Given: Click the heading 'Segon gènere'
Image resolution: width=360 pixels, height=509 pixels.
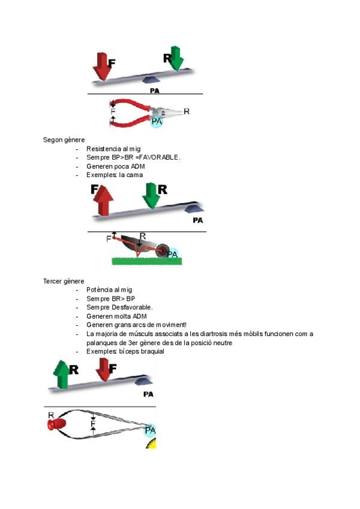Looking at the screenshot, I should (64, 140).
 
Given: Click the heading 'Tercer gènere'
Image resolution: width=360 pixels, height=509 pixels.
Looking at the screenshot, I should (64, 281).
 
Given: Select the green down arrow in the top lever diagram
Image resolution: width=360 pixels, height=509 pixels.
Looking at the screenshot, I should (176, 58).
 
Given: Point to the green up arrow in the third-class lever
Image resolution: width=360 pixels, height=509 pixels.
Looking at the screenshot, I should (62, 375).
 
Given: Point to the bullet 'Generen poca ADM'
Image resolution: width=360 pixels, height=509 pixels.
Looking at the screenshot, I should (116, 166).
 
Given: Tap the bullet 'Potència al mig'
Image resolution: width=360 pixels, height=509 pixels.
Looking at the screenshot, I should (109, 289).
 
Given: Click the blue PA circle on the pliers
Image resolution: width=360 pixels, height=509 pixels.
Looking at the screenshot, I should (157, 121).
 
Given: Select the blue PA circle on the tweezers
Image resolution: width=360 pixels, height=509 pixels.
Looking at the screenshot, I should (150, 430).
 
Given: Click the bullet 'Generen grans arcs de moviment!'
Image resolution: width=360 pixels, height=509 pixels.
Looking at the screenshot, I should (136, 325).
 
